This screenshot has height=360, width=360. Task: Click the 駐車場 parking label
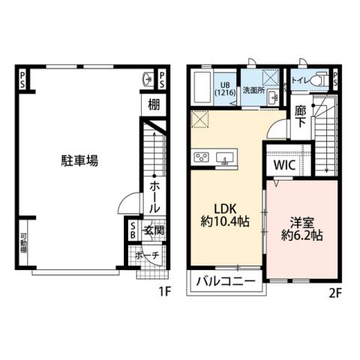[79, 160]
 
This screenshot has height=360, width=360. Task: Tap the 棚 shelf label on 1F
[153, 105]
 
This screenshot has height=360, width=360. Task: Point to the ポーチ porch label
[148, 256]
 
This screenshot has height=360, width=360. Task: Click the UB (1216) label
[226, 88]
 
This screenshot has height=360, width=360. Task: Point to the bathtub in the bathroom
[201, 88]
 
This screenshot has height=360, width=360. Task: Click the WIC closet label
[283, 163]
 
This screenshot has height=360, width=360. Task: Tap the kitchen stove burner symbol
[202, 156]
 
